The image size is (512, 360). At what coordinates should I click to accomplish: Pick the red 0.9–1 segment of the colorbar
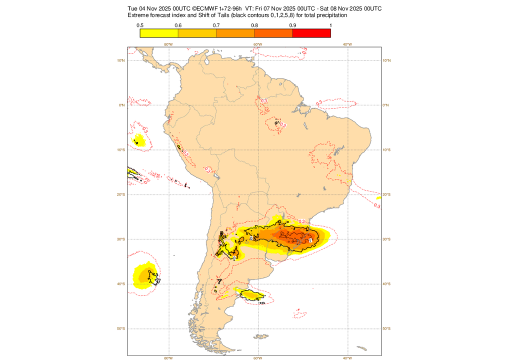(x=311, y=33)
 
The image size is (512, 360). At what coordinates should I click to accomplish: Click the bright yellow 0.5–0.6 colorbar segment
(x=159, y=33)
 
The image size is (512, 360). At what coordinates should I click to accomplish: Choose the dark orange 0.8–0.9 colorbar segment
(x=273, y=33)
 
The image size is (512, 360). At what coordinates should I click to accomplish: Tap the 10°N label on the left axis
(x=120, y=60)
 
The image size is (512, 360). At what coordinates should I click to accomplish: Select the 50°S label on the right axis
(x=386, y=328)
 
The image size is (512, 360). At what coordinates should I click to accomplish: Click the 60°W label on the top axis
(x=258, y=44)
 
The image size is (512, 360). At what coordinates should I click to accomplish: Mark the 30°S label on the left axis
(x=120, y=239)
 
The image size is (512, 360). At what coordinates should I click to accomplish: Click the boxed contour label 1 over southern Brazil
(x=310, y=240)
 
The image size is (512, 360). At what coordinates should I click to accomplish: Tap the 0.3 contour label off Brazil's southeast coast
(x=377, y=205)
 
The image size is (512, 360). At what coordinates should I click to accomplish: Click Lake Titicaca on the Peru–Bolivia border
(x=215, y=175)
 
